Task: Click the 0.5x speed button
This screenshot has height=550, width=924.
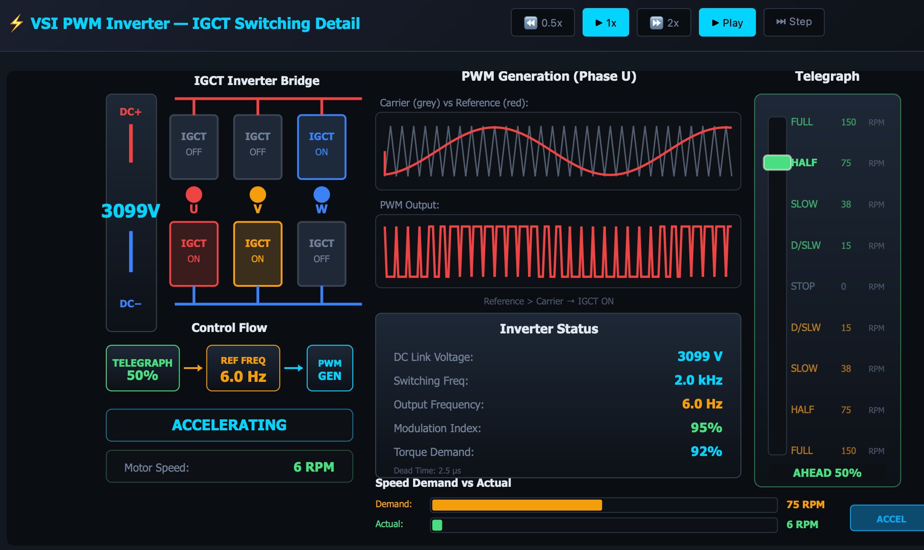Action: (543, 23)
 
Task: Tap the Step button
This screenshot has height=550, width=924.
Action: (793, 22)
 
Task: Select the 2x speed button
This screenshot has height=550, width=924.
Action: (664, 23)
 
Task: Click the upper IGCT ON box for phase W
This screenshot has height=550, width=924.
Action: (321, 147)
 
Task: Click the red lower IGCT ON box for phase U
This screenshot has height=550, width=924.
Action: (194, 254)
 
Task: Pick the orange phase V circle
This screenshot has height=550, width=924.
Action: (257, 195)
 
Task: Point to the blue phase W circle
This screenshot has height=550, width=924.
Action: (321, 195)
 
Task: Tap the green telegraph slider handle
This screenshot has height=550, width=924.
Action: (777, 163)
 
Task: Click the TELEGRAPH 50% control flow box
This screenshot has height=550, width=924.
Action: (142, 369)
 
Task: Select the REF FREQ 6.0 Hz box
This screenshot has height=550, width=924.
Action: (243, 369)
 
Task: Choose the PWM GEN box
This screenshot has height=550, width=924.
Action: (330, 369)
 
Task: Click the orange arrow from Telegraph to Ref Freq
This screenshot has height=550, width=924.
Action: (193, 368)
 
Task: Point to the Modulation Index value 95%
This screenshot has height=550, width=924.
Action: (706, 428)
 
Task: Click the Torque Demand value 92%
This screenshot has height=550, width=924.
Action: (706, 452)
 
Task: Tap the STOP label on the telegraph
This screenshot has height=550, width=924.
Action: (802, 286)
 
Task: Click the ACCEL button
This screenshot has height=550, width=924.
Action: (890, 519)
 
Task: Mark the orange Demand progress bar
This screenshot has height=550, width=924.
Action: (517, 505)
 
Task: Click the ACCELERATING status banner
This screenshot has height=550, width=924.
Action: (229, 425)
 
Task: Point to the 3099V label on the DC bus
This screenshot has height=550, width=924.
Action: (131, 211)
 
